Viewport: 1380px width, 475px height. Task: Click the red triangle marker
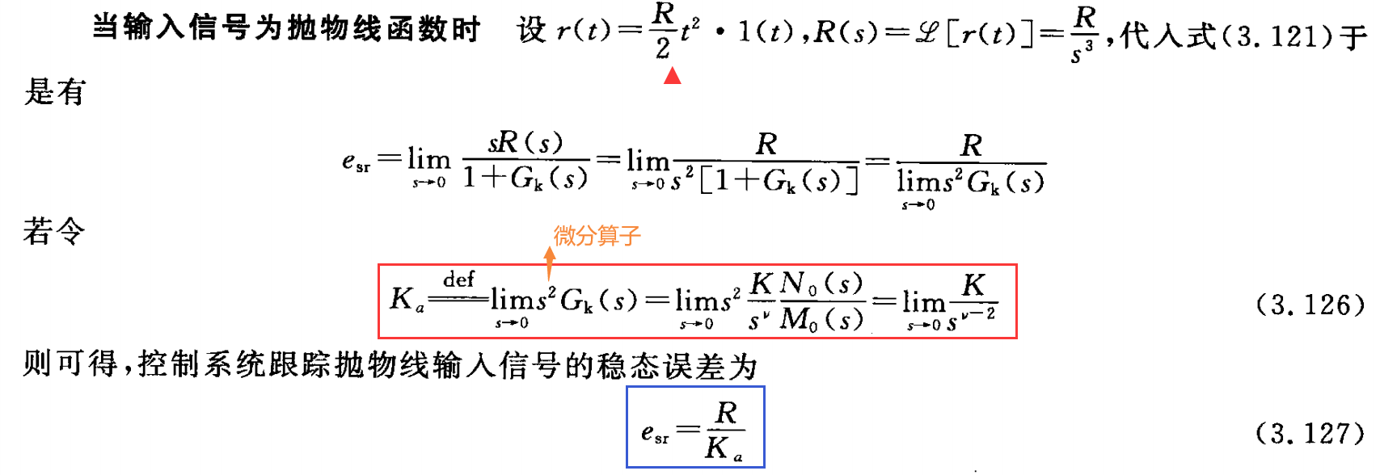(x=672, y=76)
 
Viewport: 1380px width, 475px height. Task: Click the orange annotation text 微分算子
(x=597, y=236)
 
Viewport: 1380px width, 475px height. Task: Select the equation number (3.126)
(x=1310, y=305)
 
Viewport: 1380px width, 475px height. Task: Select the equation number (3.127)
(x=1310, y=434)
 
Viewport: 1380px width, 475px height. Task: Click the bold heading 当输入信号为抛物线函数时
(x=287, y=29)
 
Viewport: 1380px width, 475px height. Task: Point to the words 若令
(x=54, y=232)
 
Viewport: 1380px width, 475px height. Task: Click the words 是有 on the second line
(x=54, y=92)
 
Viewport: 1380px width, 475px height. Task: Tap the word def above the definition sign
(x=458, y=280)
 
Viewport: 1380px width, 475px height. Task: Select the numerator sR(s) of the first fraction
(x=525, y=143)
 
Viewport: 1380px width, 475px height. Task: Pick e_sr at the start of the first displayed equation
(x=356, y=162)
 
